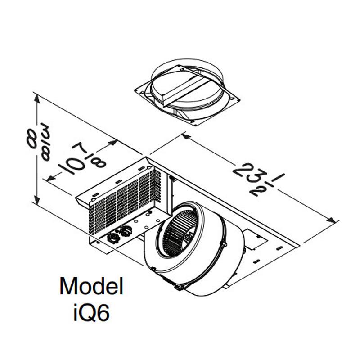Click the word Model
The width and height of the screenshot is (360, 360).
91,286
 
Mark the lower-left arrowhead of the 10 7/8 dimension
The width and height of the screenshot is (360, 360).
51,180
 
